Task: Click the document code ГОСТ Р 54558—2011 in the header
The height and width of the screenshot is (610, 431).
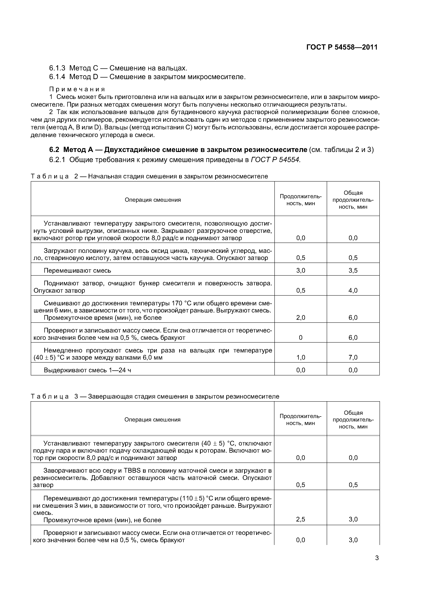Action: pos(342,47)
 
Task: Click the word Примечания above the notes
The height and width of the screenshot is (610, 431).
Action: pos(77,89)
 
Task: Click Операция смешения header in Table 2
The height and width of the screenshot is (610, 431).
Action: pos(153,200)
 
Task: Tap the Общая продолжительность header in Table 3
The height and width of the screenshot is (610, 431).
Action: pos(353,420)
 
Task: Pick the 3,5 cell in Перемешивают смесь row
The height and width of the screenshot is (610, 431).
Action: pos(353,270)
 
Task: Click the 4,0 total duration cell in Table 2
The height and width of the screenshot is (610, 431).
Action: pos(353,290)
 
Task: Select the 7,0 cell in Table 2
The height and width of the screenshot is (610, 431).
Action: pos(353,357)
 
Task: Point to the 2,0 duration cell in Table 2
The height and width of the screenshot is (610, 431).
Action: pos(301,318)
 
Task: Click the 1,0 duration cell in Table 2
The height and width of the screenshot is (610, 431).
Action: pos(301,357)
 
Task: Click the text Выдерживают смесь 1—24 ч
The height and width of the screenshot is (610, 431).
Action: pos(87,370)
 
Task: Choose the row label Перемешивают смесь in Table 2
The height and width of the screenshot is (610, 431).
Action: pos(77,270)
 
